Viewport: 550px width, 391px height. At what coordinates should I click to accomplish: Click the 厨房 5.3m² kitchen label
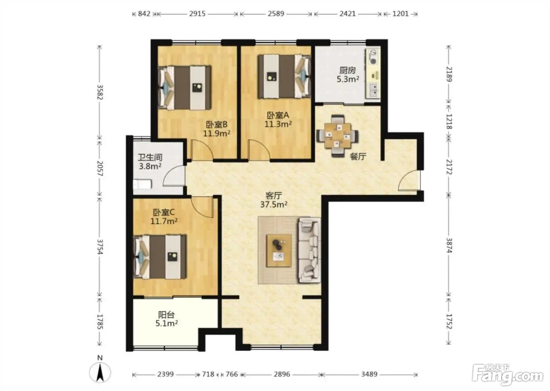(348, 75)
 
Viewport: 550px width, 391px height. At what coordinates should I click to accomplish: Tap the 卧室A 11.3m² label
(278, 120)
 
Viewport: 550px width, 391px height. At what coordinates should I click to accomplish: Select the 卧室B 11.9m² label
(216, 129)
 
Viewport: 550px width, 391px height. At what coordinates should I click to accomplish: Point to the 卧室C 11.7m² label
(164, 217)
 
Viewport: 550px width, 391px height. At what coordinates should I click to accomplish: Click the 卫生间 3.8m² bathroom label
(150, 162)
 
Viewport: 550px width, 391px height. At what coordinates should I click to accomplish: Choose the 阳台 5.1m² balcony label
(167, 319)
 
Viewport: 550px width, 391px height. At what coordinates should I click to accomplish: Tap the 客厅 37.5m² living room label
(274, 200)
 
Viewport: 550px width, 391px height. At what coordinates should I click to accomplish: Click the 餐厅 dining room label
(358, 156)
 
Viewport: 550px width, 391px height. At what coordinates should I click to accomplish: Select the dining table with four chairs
(337, 136)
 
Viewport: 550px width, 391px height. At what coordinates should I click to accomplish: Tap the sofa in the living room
(309, 250)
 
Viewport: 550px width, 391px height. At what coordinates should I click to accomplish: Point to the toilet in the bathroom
(142, 184)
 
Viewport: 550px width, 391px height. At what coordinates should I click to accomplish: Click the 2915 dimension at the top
(197, 14)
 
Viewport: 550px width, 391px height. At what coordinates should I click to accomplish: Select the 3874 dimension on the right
(449, 245)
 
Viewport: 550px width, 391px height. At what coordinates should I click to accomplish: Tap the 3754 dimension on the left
(100, 247)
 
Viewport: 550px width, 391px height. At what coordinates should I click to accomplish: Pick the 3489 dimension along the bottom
(369, 375)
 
